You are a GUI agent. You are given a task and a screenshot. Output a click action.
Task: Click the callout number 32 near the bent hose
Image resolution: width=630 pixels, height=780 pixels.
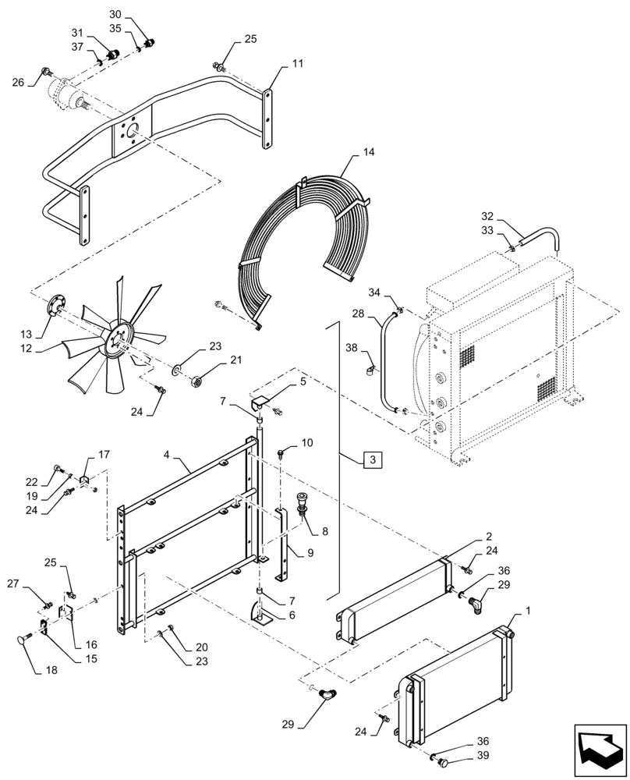[487, 216]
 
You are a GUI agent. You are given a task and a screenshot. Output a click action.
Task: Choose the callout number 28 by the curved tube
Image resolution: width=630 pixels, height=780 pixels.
[358, 314]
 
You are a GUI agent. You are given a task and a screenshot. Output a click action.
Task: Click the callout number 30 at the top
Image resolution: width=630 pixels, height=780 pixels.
[115, 15]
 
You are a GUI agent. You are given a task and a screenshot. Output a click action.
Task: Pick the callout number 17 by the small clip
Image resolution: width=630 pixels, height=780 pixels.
[103, 456]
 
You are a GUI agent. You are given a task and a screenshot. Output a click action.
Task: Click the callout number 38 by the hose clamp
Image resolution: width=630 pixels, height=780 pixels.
[351, 347]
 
